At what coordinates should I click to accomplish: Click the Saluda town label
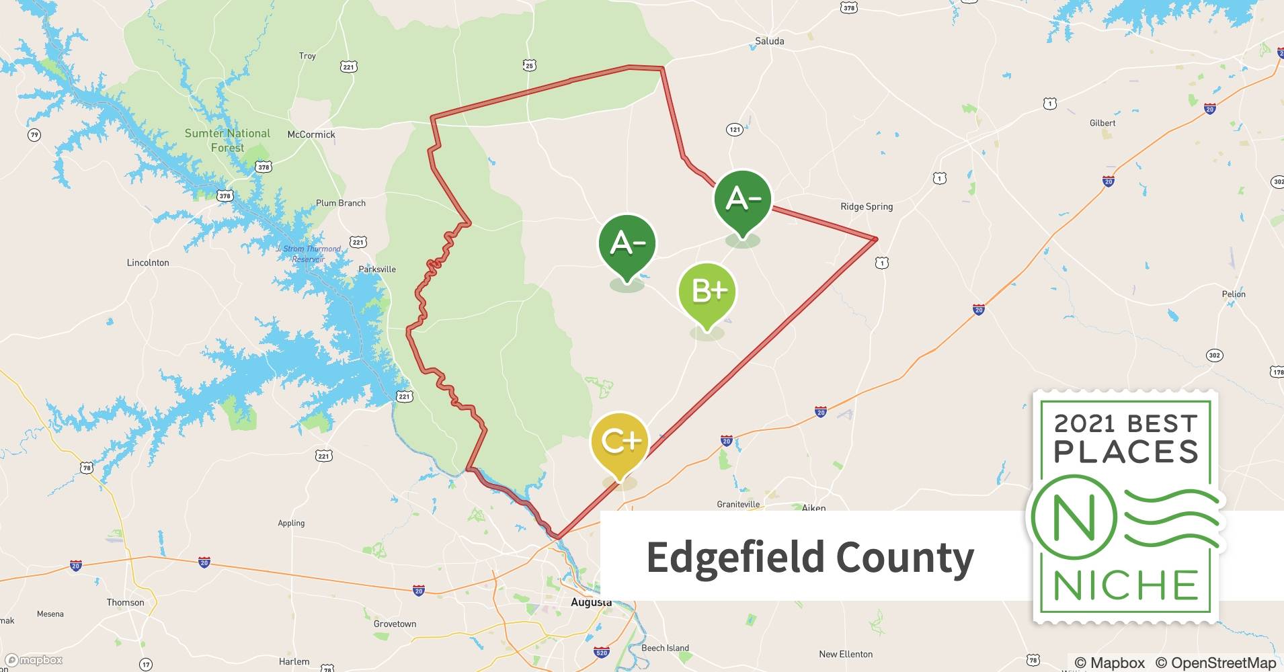(x=769, y=41)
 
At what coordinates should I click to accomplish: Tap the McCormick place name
(x=311, y=134)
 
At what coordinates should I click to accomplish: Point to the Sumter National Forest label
(x=227, y=140)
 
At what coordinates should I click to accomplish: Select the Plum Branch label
(x=341, y=203)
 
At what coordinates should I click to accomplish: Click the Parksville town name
(x=376, y=269)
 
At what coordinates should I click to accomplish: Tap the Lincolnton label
(x=148, y=263)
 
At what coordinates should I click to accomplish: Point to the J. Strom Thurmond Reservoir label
(x=309, y=253)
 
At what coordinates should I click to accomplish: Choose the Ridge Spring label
(x=867, y=206)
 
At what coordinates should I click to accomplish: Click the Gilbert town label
(x=1102, y=123)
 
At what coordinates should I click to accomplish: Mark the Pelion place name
(x=1234, y=294)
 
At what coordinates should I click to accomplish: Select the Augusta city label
(x=591, y=603)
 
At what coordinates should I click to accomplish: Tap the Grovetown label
(x=395, y=624)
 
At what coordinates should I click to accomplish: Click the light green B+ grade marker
(x=707, y=292)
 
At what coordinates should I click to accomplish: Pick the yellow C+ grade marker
(x=620, y=442)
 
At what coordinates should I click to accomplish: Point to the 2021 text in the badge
(x=1085, y=423)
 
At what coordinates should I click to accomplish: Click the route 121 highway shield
(x=734, y=129)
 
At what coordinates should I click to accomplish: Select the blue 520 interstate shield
(x=602, y=653)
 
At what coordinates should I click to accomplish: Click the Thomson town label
(x=125, y=602)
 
